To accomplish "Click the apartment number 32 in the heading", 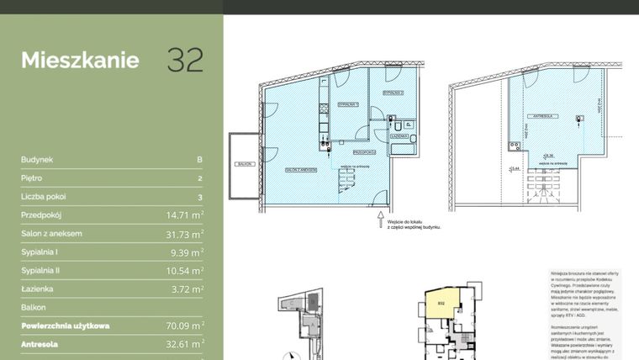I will pyautogui.click(x=184, y=61).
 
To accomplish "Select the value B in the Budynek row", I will pyautogui.click(x=199, y=159).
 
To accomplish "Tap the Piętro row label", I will pyautogui.click(x=32, y=178).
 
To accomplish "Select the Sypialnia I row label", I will pyautogui.click(x=40, y=252).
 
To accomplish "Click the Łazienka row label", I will pyautogui.click(x=36, y=289).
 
